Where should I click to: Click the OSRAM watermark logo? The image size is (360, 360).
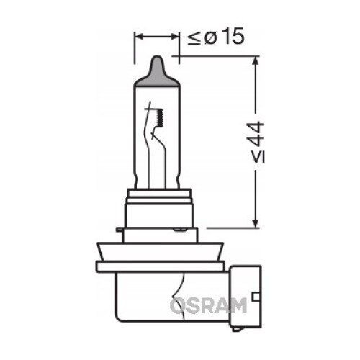point(208,305)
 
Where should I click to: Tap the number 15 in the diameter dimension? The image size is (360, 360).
point(232,36)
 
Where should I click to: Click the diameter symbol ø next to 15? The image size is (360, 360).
point(211,38)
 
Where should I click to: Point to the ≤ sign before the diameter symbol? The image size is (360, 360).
point(194,38)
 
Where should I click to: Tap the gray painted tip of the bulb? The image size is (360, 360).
point(156,71)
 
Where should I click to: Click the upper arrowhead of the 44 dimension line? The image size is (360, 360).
point(256,61)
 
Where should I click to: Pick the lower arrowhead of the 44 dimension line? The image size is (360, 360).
point(256,222)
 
